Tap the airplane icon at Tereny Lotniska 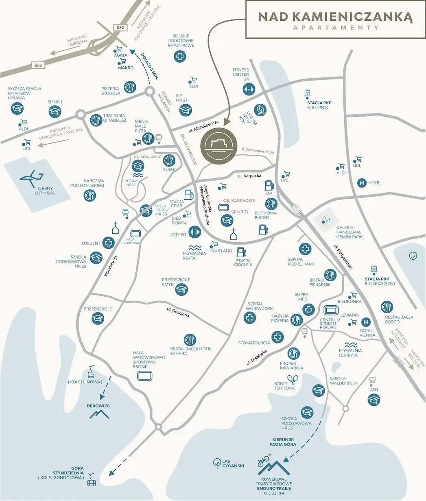[x=32, y=177]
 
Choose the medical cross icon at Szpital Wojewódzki [x=249, y=318]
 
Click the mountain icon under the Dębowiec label [x=99, y=414]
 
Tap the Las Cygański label [x=233, y=463]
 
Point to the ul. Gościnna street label [x=178, y=313]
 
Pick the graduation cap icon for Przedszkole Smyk [x=181, y=289]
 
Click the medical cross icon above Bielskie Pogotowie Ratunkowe [x=180, y=56]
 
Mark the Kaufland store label [x=221, y=251]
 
